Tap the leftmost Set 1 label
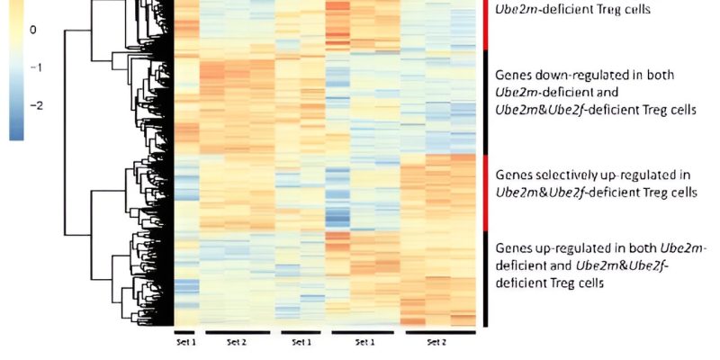click(x=184, y=342)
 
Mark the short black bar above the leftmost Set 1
click(x=184, y=333)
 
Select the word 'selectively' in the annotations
click(x=564, y=174)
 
